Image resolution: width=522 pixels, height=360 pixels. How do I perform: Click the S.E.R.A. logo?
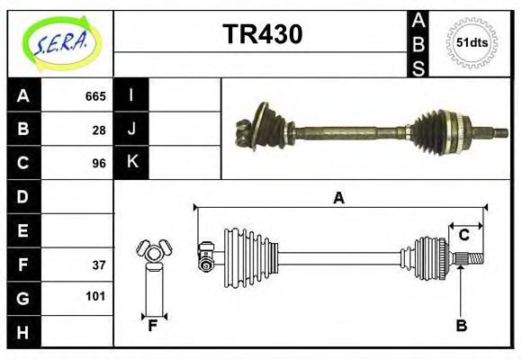[x=59, y=42]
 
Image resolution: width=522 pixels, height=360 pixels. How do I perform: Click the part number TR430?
[x=262, y=34]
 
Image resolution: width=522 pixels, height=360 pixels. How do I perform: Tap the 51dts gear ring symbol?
[x=472, y=42]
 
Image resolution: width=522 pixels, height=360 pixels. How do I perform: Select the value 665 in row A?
[x=94, y=96]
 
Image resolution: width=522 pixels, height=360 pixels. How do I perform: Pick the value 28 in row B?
[x=99, y=130]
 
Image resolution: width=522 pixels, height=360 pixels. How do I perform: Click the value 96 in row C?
[x=99, y=163]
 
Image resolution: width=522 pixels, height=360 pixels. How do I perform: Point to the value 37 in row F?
[x=99, y=265]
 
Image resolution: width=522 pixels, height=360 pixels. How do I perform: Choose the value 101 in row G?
[x=95, y=295]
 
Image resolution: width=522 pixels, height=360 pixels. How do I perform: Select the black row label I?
[x=132, y=96]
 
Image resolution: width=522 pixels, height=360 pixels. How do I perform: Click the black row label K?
[x=132, y=163]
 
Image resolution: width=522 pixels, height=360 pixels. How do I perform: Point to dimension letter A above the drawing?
[x=339, y=198]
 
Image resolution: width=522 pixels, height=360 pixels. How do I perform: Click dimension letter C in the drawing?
[x=464, y=235]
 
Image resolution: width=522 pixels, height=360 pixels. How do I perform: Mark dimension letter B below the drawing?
[x=462, y=325]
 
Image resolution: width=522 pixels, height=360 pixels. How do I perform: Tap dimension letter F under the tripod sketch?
[x=153, y=325]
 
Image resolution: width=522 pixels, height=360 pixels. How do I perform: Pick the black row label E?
[x=23, y=230]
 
